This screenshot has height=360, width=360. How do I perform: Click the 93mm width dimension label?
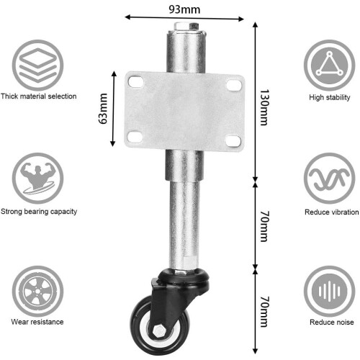tap(184, 9)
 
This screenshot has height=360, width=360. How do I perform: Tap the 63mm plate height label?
tap(103, 109)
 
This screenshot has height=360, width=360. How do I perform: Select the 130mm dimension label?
tap(265, 107)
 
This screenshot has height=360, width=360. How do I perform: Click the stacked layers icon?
tap(38, 66)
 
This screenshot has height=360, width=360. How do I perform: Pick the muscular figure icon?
tap(38, 179)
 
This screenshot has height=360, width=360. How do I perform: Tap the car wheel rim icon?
tap(38, 292)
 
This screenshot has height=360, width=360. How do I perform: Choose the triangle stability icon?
tap(329, 66)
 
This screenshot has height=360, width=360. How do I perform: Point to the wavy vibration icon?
tap(329, 179)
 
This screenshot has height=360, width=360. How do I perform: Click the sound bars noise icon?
tap(329, 292)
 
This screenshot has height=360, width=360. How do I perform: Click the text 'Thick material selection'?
tap(38, 96)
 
